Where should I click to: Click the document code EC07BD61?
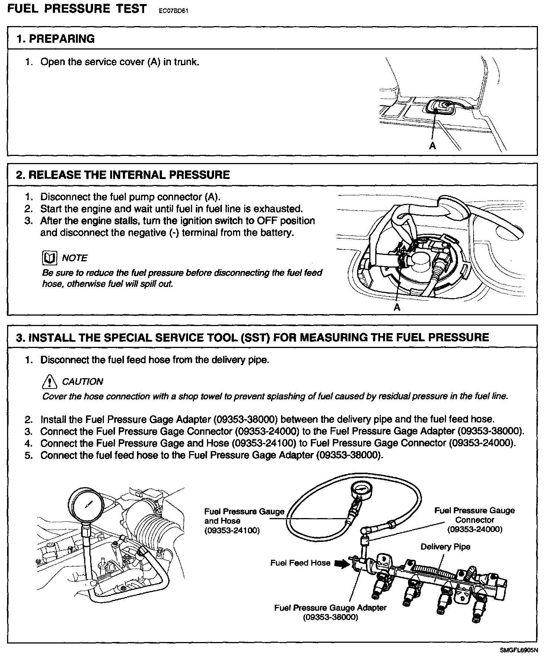[173, 11]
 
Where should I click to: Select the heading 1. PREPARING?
[55, 39]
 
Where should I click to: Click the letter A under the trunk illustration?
[432, 146]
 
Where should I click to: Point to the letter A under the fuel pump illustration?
[397, 307]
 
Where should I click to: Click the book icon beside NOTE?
[50, 258]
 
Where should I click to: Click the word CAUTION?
[83, 381]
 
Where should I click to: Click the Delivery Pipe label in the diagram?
[445, 547]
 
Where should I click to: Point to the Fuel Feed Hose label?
[300, 563]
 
